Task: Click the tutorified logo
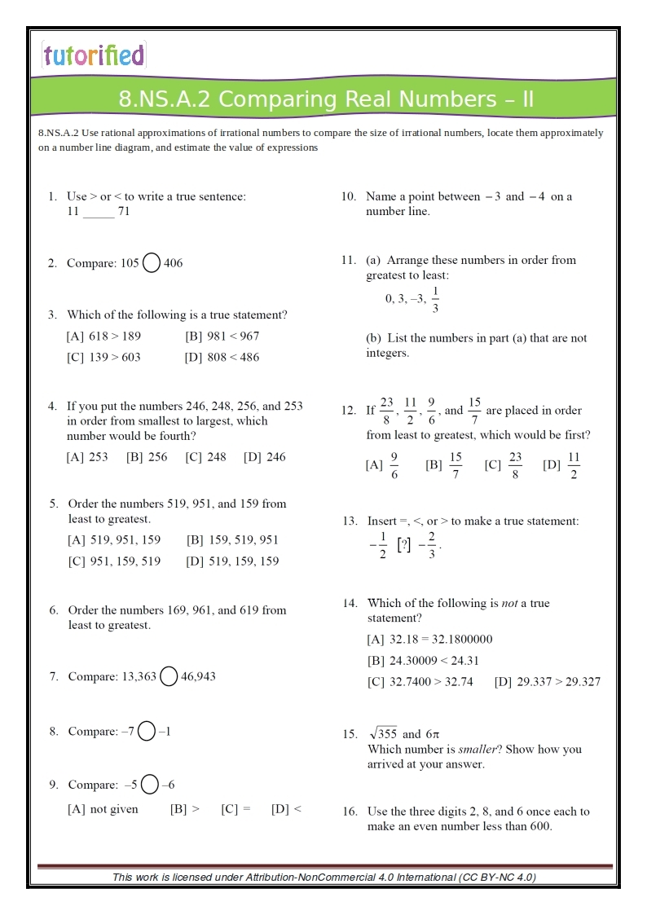tap(93, 55)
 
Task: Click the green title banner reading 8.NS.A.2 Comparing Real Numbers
tap(325, 99)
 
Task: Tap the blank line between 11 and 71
tap(99, 213)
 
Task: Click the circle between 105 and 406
tap(152, 263)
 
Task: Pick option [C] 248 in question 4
tap(205, 457)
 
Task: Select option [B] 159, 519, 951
tap(232, 539)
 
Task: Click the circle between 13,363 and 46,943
tap(169, 676)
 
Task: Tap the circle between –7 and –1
tap(147, 732)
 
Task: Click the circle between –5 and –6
tap(150, 785)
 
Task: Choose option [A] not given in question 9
tap(103, 809)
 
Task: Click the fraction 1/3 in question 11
tap(435, 299)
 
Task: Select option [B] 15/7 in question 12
tap(445, 465)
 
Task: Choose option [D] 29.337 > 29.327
tap(547, 682)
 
